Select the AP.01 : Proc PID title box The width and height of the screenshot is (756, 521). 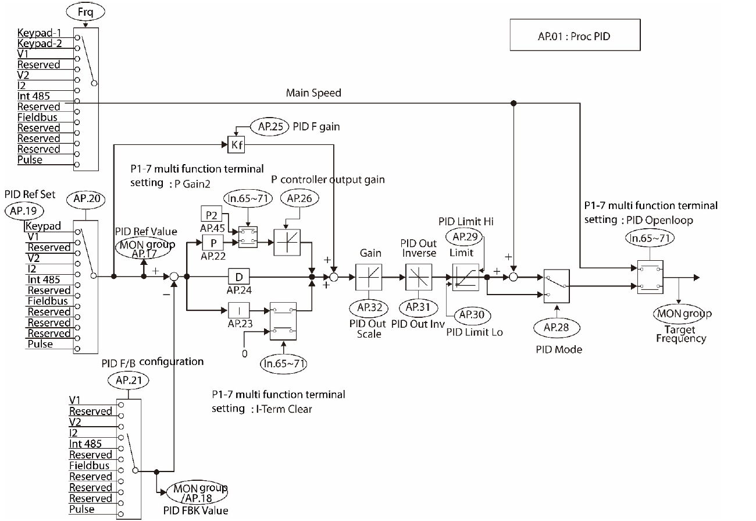tap(573, 36)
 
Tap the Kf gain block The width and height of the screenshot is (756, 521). tap(237, 145)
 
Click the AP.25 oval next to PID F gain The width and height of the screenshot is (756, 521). tap(269, 126)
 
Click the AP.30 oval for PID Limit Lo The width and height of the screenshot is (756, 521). tap(473, 314)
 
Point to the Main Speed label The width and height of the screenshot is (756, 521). tap(313, 93)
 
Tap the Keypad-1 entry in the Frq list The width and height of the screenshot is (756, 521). tap(38, 33)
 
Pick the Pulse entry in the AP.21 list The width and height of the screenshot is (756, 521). tap(81, 509)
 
